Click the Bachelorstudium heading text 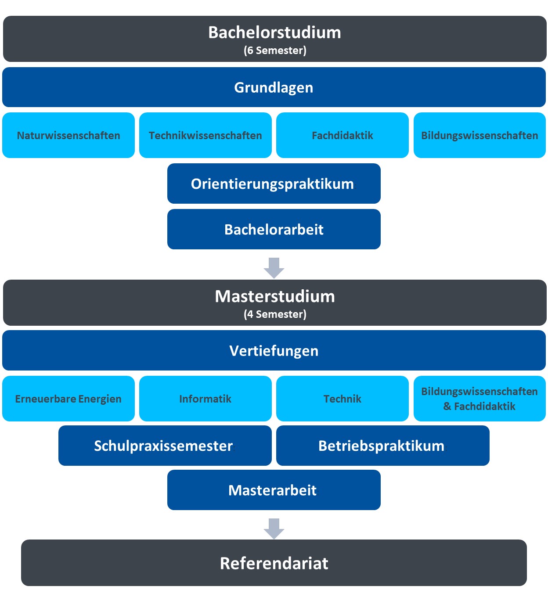coord(274,32)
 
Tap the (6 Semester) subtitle coord(275,50)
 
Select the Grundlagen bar coord(274,87)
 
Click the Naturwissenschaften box coord(68,135)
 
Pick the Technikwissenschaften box coord(205,135)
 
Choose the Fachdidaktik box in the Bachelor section coord(342,135)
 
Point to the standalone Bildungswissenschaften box coord(479,135)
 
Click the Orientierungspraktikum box coord(274,183)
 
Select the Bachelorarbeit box coord(274,229)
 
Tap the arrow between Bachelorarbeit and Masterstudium coord(274,268)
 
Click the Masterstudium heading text coord(275,296)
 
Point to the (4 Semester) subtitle coord(275,314)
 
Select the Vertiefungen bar coord(274,351)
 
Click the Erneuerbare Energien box coord(68,399)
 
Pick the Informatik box coord(205,399)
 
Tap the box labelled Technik coord(342,399)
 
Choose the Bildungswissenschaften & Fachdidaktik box coord(479,399)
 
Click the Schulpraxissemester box coord(165,446)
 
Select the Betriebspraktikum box coord(382,446)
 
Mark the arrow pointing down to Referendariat coord(274,529)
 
